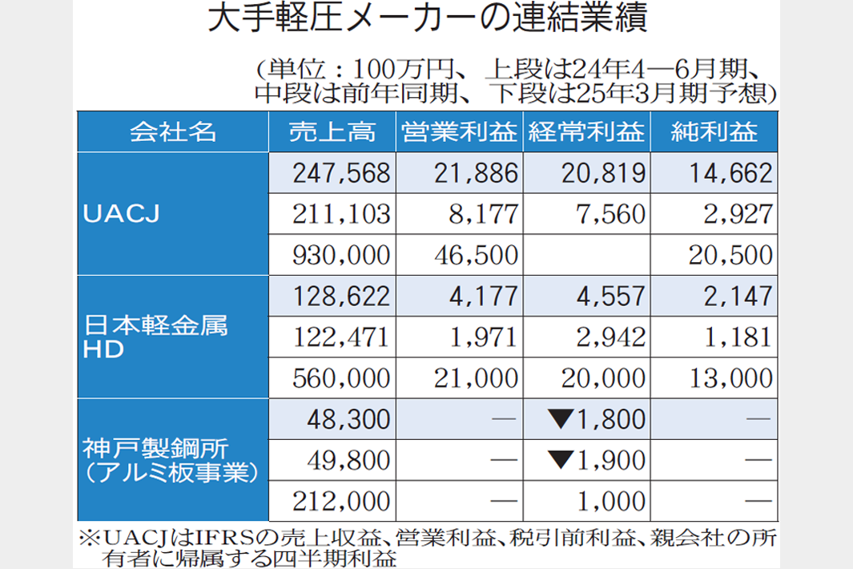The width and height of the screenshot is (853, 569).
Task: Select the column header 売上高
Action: pos(332,132)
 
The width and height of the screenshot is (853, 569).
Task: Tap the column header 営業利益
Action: pos(459,132)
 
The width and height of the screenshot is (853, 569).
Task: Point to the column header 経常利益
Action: pos(586,132)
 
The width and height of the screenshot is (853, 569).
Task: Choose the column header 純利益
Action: pos(714,132)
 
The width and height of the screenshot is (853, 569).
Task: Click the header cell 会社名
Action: pos(173,132)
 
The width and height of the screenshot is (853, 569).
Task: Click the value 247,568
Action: pos(342,173)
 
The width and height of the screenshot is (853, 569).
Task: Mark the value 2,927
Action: pos(736,214)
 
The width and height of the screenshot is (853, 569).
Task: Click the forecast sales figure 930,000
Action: pos(342,255)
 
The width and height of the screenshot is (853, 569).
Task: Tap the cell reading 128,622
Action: pos(342,297)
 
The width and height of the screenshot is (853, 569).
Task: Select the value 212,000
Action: pos(342,502)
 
